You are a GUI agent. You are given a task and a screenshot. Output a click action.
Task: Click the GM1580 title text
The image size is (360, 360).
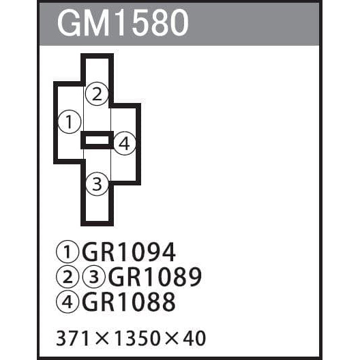[x=123, y=22]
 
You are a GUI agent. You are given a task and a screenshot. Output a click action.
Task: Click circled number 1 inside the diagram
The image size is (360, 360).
[x=70, y=121]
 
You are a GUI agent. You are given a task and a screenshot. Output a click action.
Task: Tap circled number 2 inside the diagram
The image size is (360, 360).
[x=97, y=94]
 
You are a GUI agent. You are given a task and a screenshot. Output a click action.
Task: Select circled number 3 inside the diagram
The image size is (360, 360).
[x=97, y=184]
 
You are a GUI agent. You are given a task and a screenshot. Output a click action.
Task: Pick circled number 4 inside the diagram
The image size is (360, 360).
[x=125, y=143]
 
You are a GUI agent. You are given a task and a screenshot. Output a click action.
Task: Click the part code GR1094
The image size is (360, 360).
[x=129, y=252]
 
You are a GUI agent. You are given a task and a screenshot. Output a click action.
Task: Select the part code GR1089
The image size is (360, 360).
[x=155, y=277]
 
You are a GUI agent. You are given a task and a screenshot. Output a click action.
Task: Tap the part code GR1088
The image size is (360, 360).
[x=129, y=301]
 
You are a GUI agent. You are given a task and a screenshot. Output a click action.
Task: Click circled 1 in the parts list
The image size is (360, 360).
[x=67, y=252]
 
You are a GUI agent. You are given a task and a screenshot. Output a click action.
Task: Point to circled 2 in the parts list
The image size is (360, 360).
[x=67, y=277]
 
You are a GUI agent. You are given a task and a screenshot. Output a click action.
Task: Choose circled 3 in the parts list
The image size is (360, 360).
[x=93, y=277]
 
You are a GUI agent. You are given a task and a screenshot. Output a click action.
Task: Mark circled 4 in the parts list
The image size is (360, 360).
[x=67, y=301]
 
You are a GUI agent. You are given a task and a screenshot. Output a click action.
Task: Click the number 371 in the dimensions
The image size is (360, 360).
[x=72, y=338]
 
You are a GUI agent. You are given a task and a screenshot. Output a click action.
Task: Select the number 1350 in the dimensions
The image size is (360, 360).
[x=137, y=338]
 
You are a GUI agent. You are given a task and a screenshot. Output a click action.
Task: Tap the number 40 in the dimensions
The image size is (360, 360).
[x=194, y=338]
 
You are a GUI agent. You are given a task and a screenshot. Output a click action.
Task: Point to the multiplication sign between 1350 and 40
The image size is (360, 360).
[x=171, y=338]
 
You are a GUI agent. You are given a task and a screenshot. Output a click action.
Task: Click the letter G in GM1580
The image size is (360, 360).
[x=69, y=23]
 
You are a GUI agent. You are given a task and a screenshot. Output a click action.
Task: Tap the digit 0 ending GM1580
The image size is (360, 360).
[x=179, y=23]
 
